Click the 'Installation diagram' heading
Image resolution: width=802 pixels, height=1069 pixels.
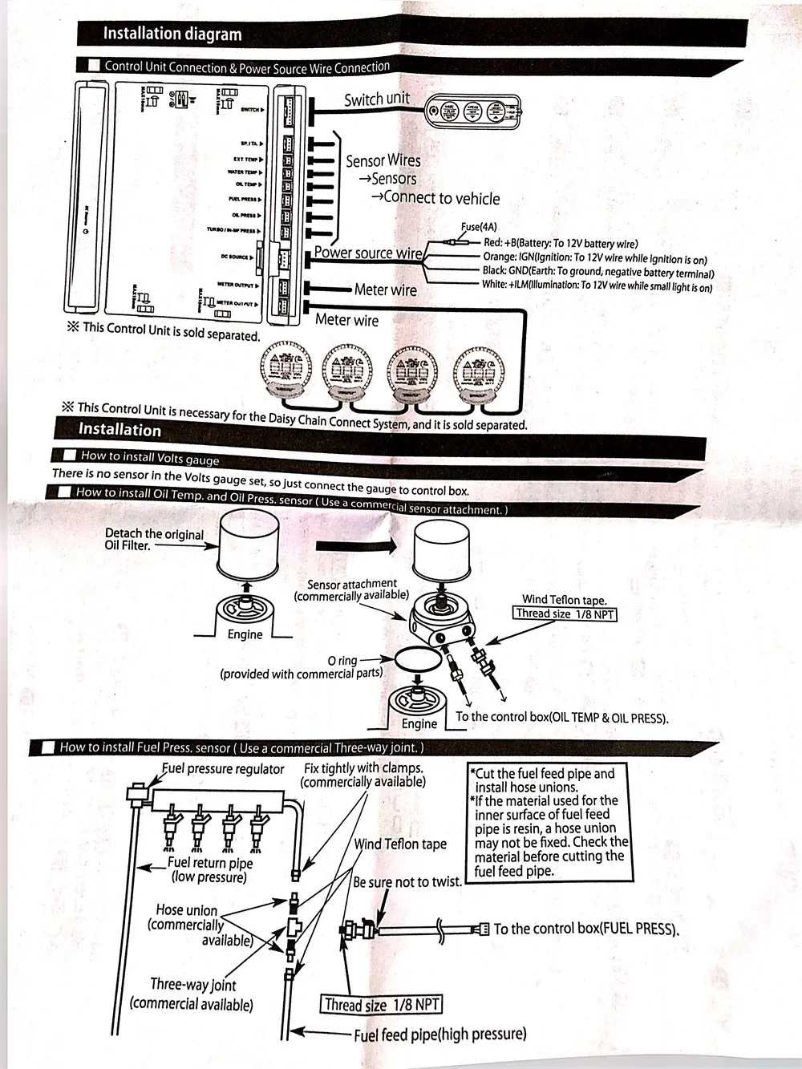click(172, 34)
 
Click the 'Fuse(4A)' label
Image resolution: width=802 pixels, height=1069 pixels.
click(479, 227)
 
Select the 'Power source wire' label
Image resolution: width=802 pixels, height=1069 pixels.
click(368, 253)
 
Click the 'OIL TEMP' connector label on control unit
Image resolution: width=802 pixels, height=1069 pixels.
click(245, 184)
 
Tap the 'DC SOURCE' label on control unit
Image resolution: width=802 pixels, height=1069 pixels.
click(235, 257)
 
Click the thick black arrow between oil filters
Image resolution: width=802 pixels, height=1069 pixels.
click(356, 546)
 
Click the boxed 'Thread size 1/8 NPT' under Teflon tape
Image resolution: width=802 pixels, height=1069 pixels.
click(565, 614)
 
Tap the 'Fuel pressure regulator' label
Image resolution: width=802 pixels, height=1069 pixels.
click(223, 769)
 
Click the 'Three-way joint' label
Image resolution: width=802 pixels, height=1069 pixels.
click(193, 985)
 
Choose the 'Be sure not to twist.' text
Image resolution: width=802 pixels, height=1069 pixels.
click(407, 882)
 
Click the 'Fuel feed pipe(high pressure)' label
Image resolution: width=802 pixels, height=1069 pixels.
click(440, 1035)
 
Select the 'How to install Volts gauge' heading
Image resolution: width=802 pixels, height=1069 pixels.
click(150, 457)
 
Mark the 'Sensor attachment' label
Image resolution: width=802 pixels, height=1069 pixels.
click(352, 584)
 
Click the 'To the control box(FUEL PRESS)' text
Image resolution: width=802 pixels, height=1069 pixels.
click(586, 929)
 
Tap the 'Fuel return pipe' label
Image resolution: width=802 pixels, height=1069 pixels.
click(210, 863)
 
